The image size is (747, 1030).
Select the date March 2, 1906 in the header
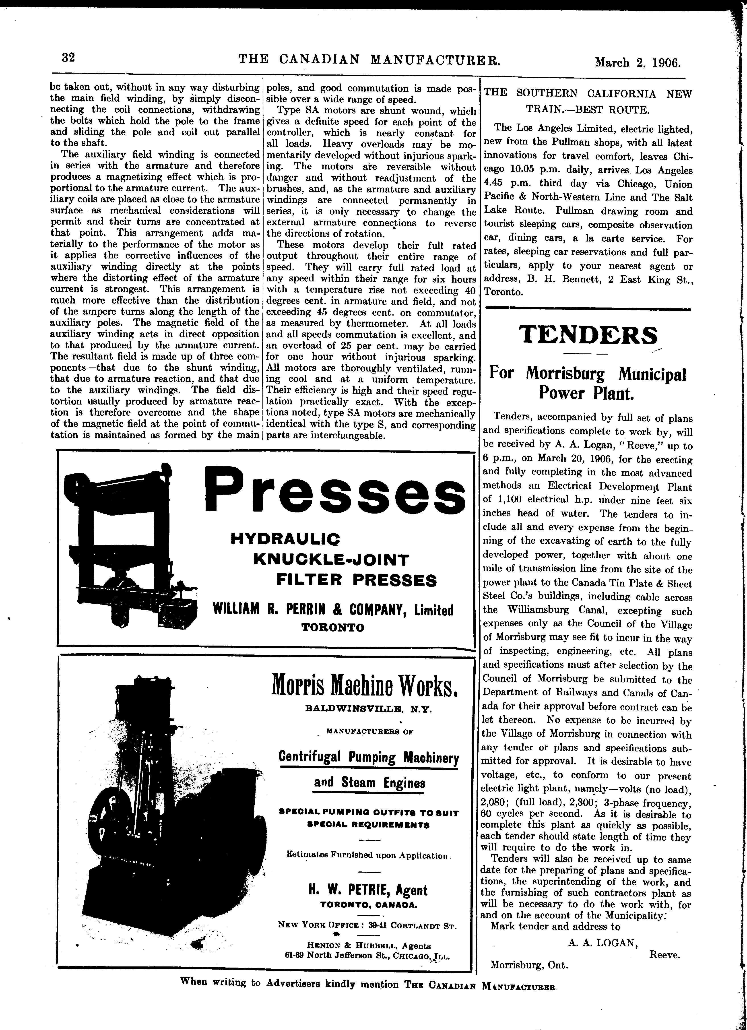tap(638, 62)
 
